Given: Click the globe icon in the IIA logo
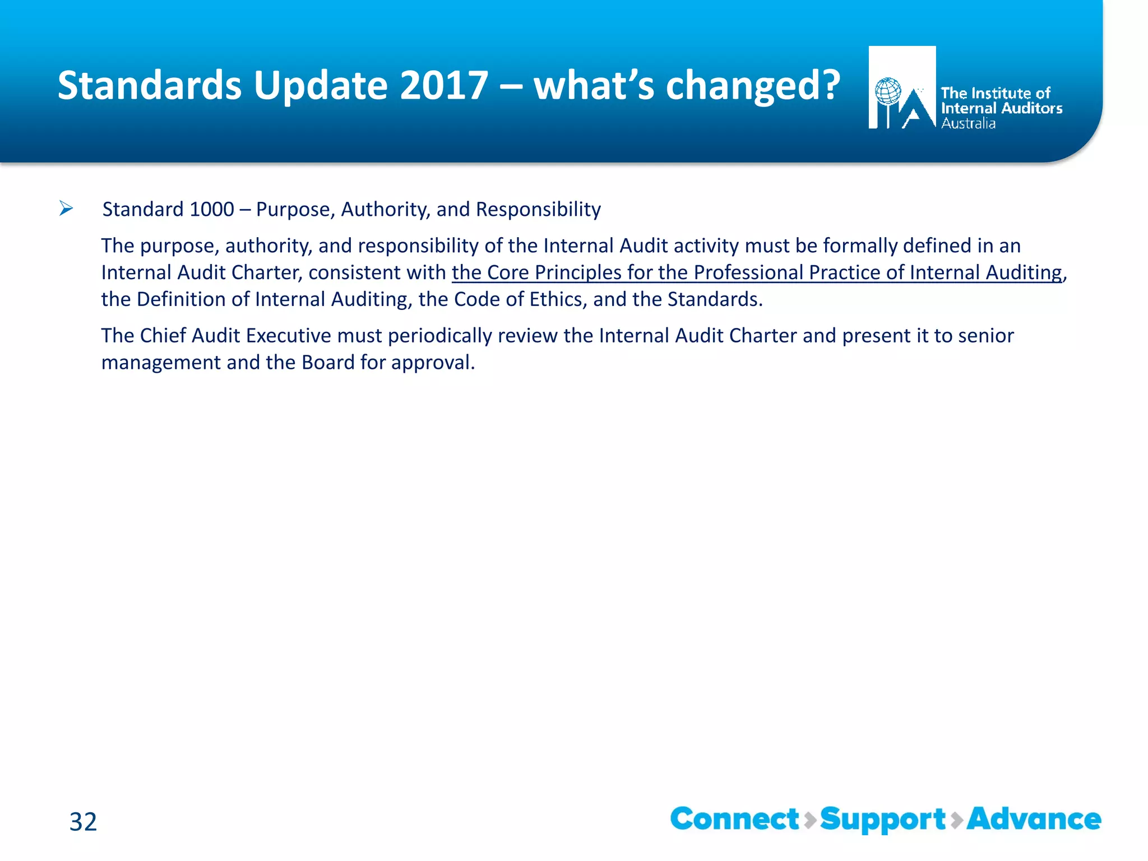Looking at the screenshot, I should click(888, 91).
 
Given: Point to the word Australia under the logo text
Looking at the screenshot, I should click(968, 123).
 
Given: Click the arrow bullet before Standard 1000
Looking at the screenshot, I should click(66, 209).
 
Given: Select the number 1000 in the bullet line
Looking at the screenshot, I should click(212, 209).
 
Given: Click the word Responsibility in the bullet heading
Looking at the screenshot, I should click(538, 209).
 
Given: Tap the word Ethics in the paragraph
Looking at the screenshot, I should click(557, 299).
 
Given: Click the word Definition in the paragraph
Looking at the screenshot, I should click(181, 299).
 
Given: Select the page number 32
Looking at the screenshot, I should click(83, 822).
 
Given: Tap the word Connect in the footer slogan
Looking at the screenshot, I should click(734, 819).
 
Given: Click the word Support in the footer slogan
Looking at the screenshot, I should click(883, 819).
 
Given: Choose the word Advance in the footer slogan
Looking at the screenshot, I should click(1034, 819).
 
